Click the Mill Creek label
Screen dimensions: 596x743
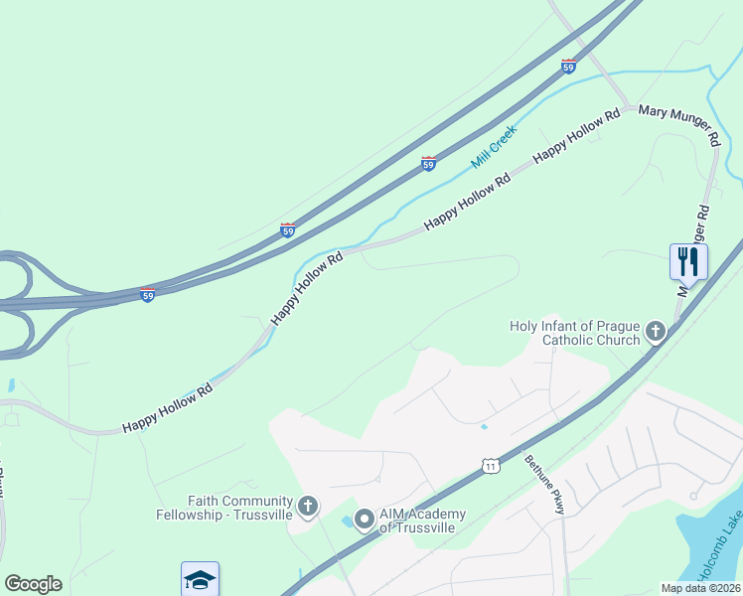(x=495, y=145)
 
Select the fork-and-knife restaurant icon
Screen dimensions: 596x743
(x=688, y=261)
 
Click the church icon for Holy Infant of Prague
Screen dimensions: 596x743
(x=656, y=332)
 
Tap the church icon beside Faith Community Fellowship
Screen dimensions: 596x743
(x=308, y=508)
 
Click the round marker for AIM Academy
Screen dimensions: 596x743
(x=364, y=518)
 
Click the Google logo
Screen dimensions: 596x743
(x=33, y=584)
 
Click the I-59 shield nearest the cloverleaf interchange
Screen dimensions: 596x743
(x=147, y=296)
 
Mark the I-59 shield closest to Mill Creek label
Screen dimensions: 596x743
(x=428, y=164)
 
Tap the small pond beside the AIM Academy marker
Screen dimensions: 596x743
(x=346, y=521)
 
